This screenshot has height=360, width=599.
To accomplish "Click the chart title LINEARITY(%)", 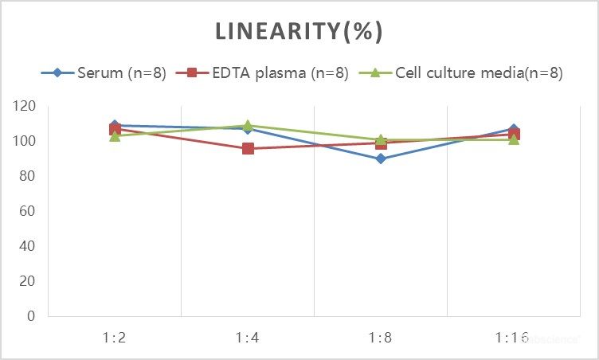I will point(299,32).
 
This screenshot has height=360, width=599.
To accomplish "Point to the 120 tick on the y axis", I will point(25,106).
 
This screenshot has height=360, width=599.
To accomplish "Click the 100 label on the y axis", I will point(25,141).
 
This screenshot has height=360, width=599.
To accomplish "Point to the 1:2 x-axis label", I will point(115,338).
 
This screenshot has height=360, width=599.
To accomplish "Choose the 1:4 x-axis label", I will point(248,338).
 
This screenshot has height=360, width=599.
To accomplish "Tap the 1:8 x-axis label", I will point(381,338).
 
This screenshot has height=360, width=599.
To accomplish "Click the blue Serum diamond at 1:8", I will point(381,158).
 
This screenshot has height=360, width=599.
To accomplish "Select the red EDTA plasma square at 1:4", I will point(248,148).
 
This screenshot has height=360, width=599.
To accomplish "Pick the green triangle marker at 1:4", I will point(248,125).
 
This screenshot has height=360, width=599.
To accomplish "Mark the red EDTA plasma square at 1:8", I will point(381,144).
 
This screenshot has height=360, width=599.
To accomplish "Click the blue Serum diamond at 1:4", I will point(248,129).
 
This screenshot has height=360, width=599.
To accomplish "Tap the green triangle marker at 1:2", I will point(115,136).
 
